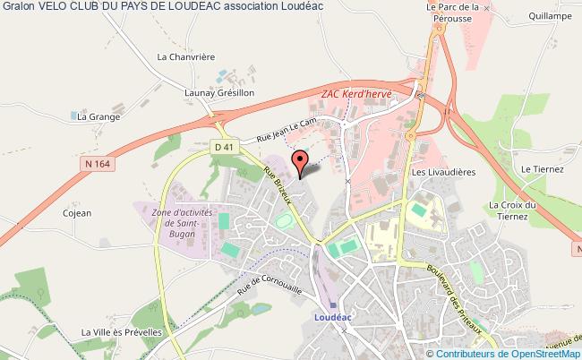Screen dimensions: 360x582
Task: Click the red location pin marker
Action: coord(301,161)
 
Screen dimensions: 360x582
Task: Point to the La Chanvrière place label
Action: coord(186,56)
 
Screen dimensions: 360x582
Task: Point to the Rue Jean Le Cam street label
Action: coord(287,132)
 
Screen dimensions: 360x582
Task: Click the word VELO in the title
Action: coord(56,6)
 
